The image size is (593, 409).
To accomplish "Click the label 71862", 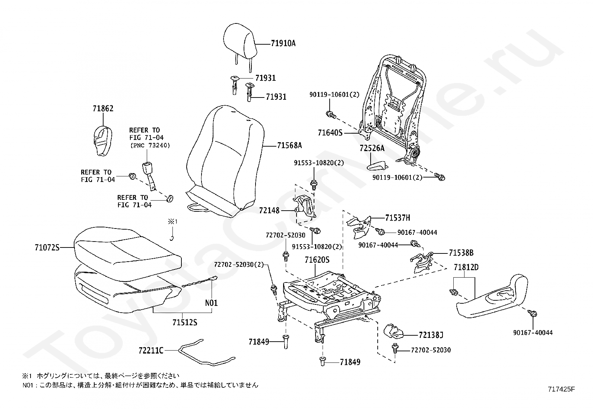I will coord(103,109).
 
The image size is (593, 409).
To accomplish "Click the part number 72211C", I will coord(151,350).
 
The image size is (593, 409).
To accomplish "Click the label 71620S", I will coord(317,260).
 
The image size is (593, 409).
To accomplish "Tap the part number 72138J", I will coord(431,335).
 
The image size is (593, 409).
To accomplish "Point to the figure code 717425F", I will coord(561,389).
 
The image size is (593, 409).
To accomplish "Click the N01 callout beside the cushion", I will coord(211,303).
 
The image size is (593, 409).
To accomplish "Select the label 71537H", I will coord(397,218).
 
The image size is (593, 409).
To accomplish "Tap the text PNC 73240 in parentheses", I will coord(150,146).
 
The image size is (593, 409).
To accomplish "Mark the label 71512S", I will coord(184,322).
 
